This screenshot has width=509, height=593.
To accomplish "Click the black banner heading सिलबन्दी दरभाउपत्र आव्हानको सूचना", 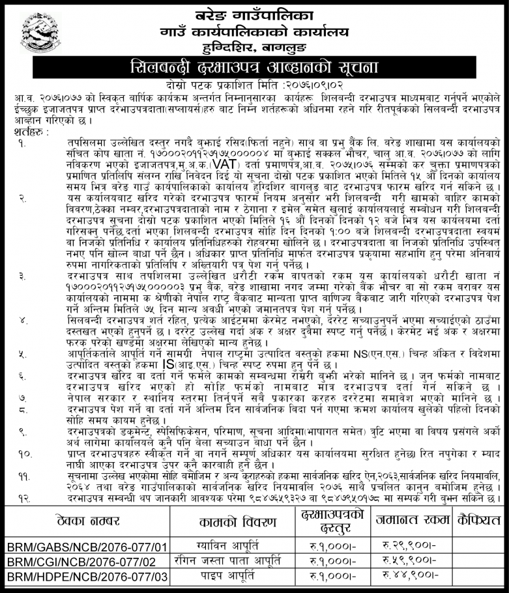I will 254,68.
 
